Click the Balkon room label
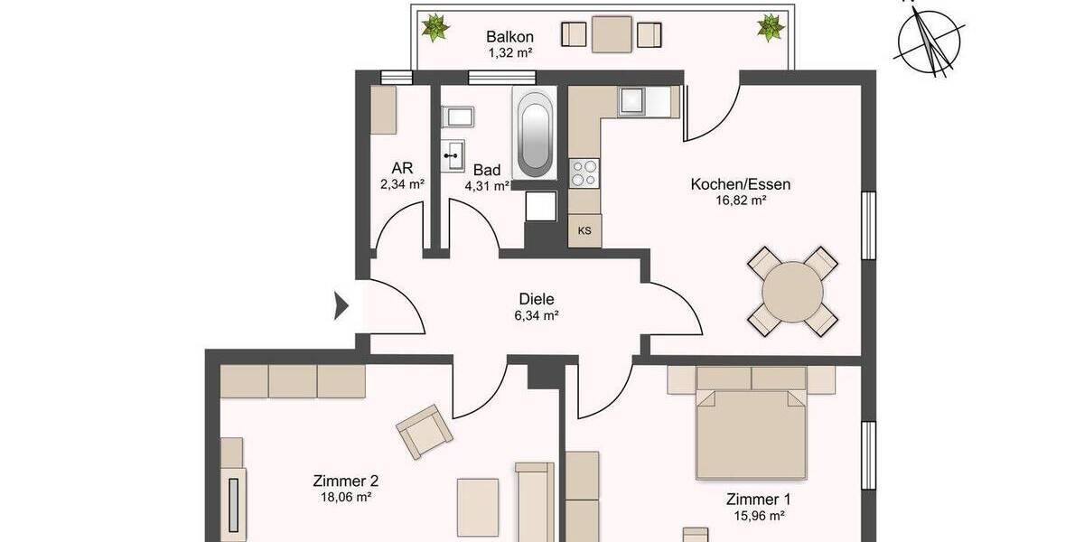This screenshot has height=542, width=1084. click(509, 37)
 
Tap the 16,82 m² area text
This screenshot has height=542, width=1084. click(741, 201)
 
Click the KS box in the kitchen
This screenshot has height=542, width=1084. click(584, 230)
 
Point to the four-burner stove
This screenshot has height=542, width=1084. click(584, 172)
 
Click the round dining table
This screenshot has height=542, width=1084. click(793, 292)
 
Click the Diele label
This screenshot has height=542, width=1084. click(536, 299)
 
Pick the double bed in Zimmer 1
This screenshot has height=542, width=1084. click(750, 423)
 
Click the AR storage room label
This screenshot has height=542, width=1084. click(402, 168)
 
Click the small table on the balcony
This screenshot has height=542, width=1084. click(613, 34)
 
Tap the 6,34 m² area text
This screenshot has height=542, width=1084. click(536, 316)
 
